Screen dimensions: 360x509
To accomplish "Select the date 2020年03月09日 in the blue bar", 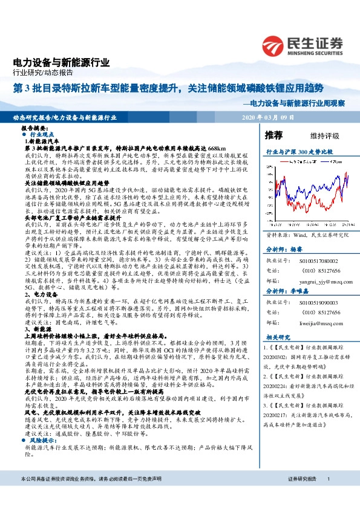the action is [267, 117].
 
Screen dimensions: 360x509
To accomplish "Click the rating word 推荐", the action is [273, 134].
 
